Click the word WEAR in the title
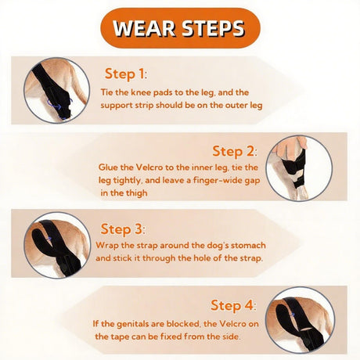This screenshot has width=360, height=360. pos(144,28)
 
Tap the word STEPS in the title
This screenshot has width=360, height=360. pos(213,28)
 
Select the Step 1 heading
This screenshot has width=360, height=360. pos(126,74)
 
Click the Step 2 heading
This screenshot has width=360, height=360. pos(235,151)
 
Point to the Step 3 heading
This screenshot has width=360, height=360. pos(123,229)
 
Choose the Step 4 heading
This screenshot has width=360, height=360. pos(233,305)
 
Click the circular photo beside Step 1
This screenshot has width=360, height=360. pos(56,91)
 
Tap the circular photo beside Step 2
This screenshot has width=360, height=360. pos(299,168)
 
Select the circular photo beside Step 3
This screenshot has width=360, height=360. pos(57,245)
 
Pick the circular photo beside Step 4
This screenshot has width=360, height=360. pos(300,320)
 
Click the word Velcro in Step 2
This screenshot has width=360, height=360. pos(149,167)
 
